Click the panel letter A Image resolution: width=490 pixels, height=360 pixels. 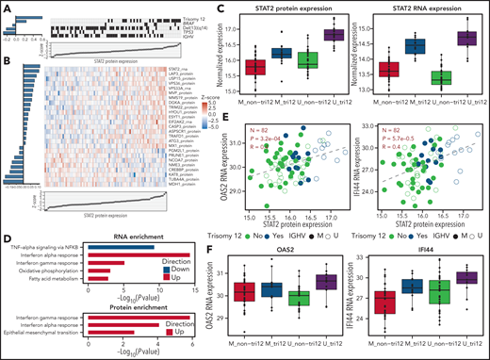click(x=6, y=7)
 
